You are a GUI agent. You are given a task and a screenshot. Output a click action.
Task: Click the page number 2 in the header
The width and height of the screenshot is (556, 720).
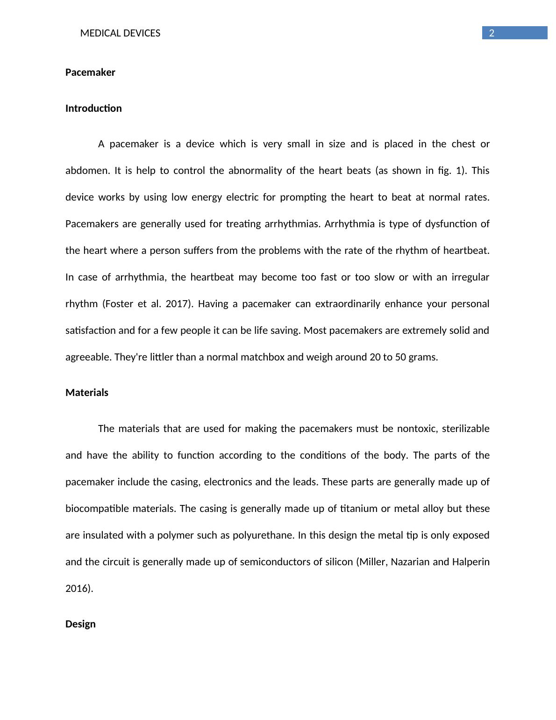492,33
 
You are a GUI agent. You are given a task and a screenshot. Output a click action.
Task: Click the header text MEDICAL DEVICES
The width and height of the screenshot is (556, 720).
120,33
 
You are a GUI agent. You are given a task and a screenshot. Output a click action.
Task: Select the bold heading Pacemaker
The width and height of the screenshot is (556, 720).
90,72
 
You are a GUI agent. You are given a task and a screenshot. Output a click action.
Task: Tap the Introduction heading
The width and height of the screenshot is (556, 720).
93,108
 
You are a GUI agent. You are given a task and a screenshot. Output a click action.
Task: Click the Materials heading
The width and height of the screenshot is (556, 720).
87,393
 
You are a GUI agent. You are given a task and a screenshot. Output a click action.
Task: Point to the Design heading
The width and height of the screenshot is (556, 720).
80,624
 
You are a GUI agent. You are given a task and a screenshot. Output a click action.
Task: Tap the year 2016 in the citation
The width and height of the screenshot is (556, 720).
78,589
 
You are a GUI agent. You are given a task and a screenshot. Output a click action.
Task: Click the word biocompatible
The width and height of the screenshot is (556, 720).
97,509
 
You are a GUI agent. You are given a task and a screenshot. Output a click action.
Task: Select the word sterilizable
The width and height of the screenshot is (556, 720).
465,429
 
